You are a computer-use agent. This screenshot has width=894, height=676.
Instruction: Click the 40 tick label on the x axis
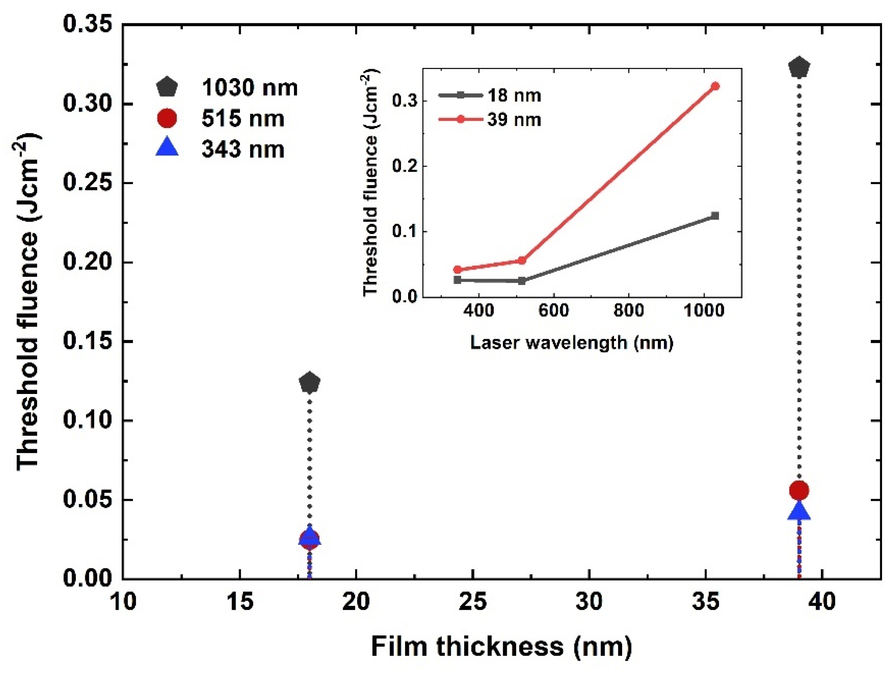[x=822, y=601]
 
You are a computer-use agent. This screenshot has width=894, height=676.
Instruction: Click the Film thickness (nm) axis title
[x=501, y=646]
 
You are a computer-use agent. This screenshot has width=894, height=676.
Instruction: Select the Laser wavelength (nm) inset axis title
[x=571, y=343]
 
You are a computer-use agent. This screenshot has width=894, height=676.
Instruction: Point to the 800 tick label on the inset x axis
[x=629, y=310]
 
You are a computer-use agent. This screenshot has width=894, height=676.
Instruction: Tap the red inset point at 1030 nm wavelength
[x=715, y=86]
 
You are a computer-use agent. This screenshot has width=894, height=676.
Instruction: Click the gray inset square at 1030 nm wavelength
[x=715, y=216]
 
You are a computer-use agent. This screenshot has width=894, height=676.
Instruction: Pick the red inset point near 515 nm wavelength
[x=522, y=260]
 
